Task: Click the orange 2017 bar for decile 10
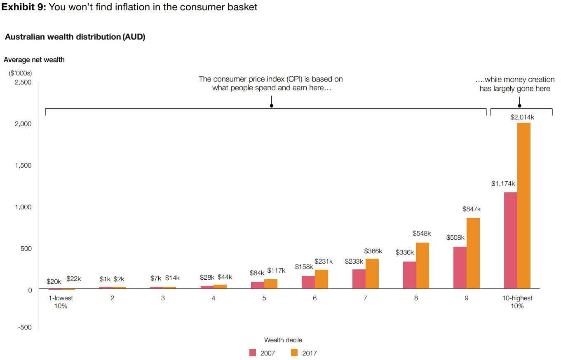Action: [x=523, y=206]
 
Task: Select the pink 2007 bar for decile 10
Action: [x=510, y=241]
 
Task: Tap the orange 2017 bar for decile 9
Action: [x=473, y=253]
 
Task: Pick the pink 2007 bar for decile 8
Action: [x=409, y=275]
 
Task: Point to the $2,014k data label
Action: [x=522, y=117]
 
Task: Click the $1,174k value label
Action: [x=503, y=184]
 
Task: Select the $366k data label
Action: [x=373, y=251]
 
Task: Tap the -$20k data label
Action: [x=53, y=282]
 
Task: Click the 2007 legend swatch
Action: [x=253, y=353]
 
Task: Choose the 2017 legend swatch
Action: [x=294, y=353]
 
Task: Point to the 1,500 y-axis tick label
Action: [x=23, y=166]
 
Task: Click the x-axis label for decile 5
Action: [x=264, y=298]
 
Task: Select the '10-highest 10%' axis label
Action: [x=517, y=302]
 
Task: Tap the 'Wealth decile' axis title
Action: [x=283, y=340]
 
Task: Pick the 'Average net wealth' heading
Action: [x=34, y=60]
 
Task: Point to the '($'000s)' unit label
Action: [x=20, y=73]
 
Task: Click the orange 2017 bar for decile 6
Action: [x=321, y=279]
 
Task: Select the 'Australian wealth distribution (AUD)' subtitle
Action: [x=75, y=37]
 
